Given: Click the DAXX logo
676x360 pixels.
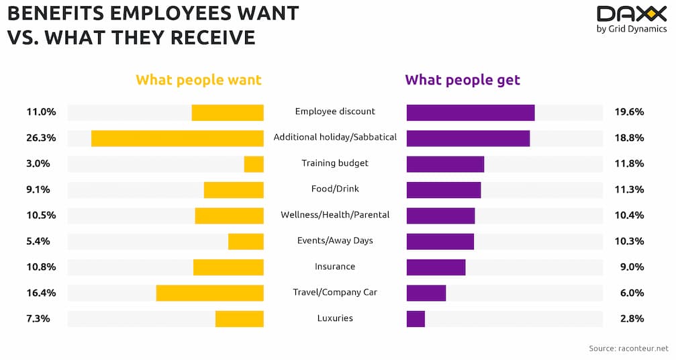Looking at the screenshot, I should tap(632, 14).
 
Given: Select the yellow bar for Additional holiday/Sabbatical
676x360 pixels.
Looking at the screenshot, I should tap(177, 138).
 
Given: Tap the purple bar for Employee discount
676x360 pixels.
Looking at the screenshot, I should tap(471, 112).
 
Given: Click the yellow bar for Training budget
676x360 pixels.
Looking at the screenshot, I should tap(254, 164).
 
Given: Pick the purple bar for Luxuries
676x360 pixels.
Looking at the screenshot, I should tap(416, 319).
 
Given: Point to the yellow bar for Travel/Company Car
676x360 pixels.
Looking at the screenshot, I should tap(210, 293).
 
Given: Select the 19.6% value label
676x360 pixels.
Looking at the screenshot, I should tap(629, 112).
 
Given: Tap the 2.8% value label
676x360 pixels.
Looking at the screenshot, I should tap(631, 319).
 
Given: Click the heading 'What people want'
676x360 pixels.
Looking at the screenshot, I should tap(199, 81).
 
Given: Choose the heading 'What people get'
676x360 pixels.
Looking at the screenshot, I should tap(463, 81).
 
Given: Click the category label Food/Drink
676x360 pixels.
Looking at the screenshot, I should tap(335, 189).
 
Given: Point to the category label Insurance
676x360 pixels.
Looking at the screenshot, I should tap(335, 267).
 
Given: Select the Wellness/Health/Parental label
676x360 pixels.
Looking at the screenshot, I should tap(335, 215).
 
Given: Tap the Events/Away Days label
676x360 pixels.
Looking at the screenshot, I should tap(335, 240).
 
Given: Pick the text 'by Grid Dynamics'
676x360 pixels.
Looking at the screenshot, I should tap(632, 29).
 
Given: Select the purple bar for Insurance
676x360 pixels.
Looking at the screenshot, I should tap(436, 267).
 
